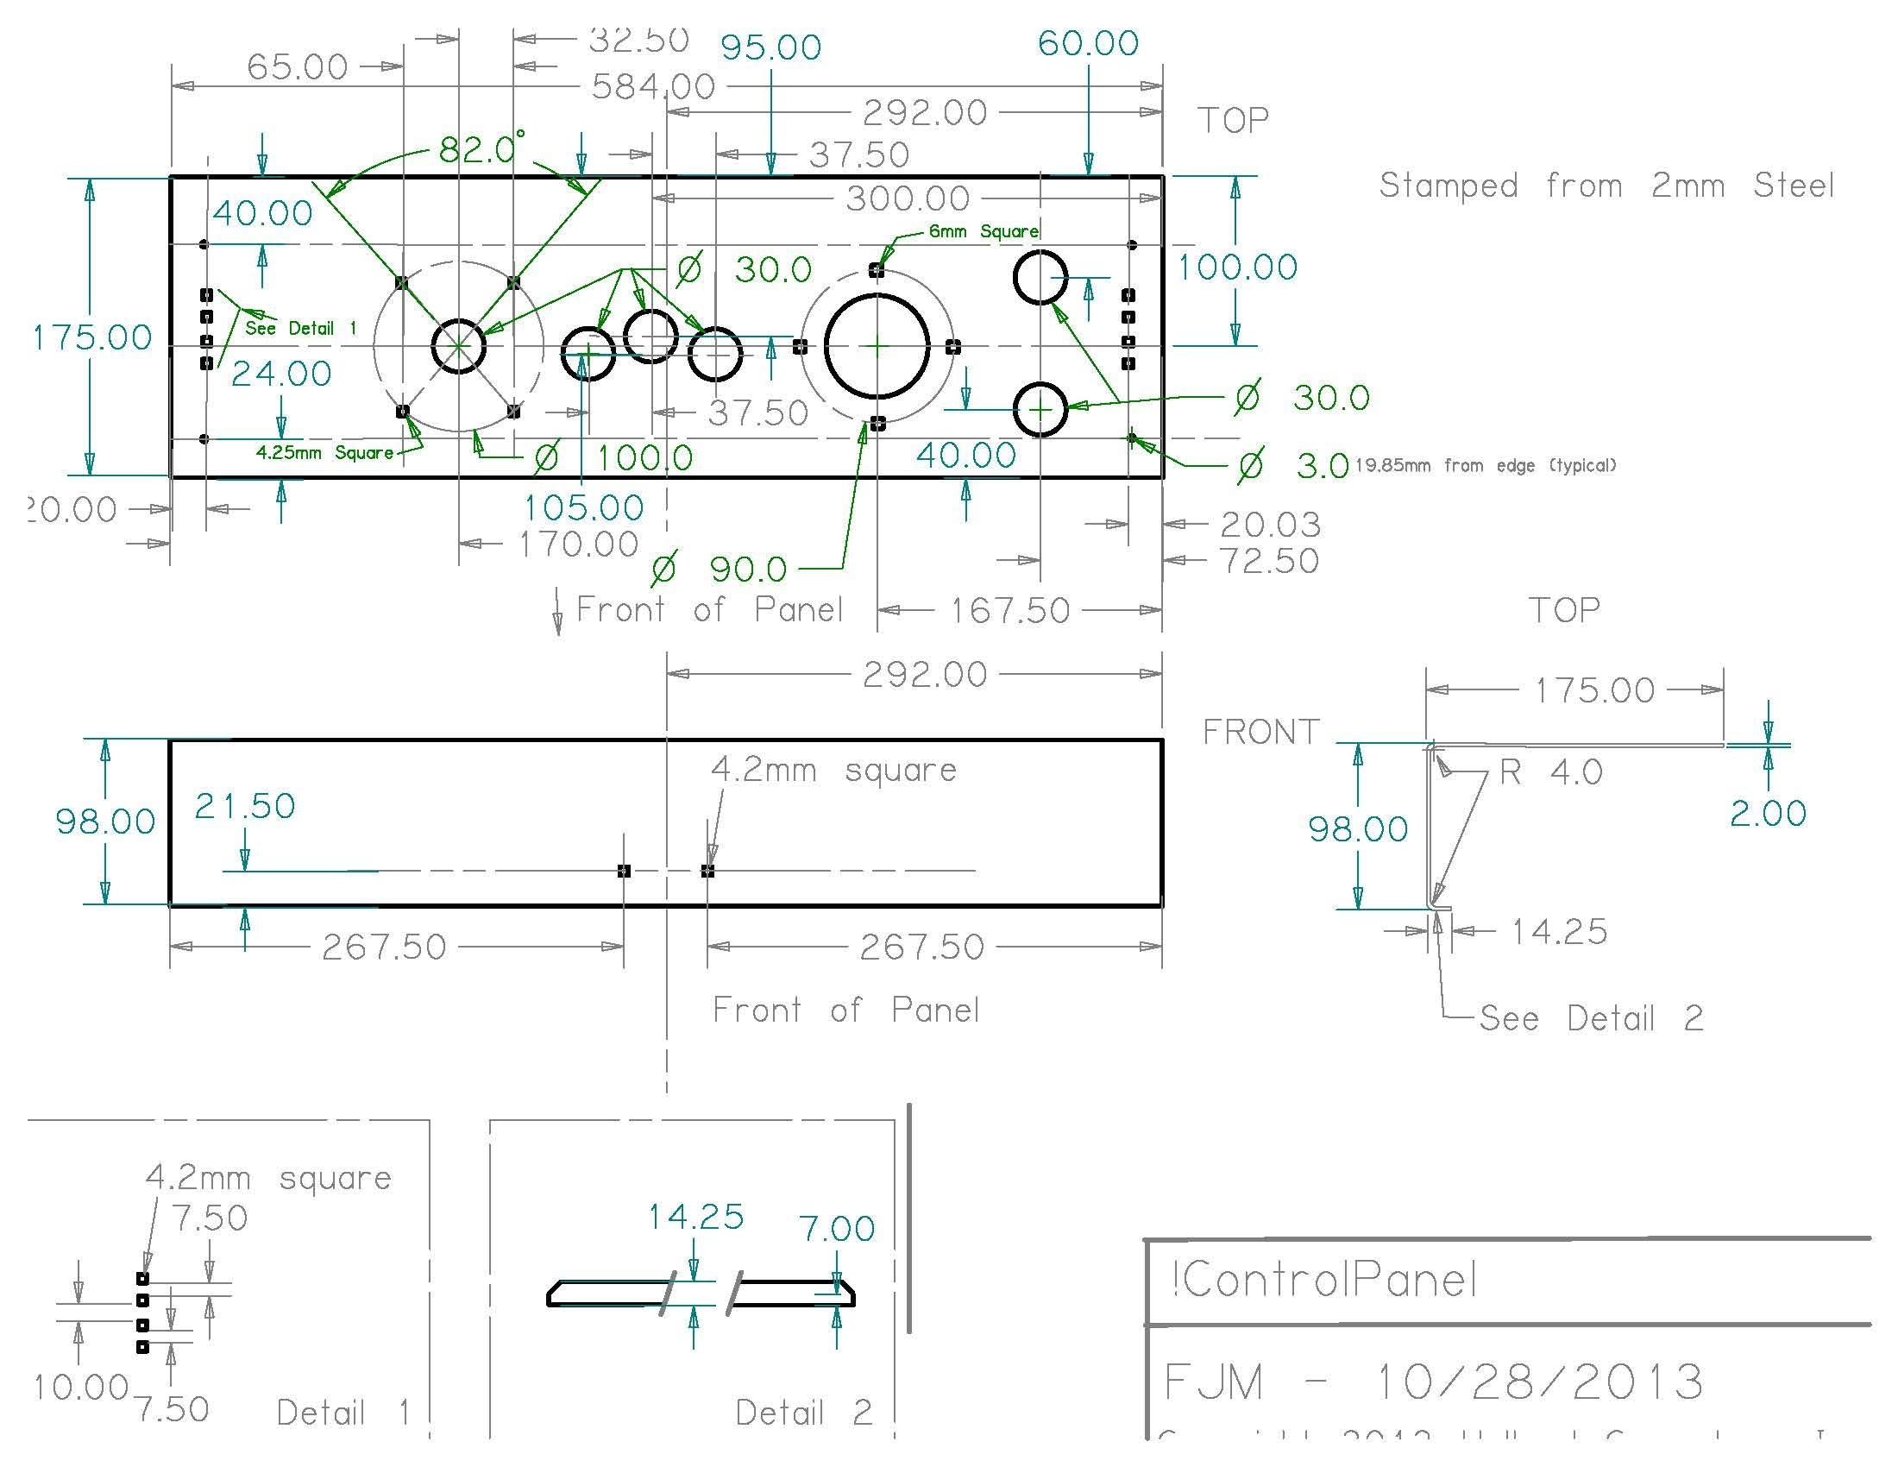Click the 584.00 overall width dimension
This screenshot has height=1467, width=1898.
click(x=653, y=87)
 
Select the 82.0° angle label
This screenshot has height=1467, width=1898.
click(x=481, y=149)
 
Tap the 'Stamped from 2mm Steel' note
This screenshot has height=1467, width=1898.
click(x=1606, y=186)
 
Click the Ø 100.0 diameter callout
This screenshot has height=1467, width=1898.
click(x=613, y=457)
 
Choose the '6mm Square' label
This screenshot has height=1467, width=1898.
click(x=983, y=231)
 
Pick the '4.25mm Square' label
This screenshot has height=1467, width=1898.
click(x=324, y=453)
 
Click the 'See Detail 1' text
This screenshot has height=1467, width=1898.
click(x=301, y=328)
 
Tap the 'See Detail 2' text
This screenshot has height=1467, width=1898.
click(x=1590, y=1017)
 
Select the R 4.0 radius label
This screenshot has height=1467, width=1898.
click(x=1550, y=771)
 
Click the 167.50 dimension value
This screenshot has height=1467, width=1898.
click(x=1009, y=610)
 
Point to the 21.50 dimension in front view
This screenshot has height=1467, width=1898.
click(x=244, y=806)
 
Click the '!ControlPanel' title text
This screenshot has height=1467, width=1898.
click(x=1322, y=1280)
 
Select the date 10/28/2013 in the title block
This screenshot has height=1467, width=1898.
click(x=1539, y=1382)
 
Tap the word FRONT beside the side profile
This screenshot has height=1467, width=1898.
click(x=1260, y=733)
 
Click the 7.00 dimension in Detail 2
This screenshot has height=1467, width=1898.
click(x=836, y=1229)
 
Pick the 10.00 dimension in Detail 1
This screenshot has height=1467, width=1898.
click(x=81, y=1387)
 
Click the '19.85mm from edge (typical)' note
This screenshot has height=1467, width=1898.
click(x=1486, y=466)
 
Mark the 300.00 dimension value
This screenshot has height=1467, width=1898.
click(x=908, y=199)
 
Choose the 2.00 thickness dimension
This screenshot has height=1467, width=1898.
click(x=1768, y=814)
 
